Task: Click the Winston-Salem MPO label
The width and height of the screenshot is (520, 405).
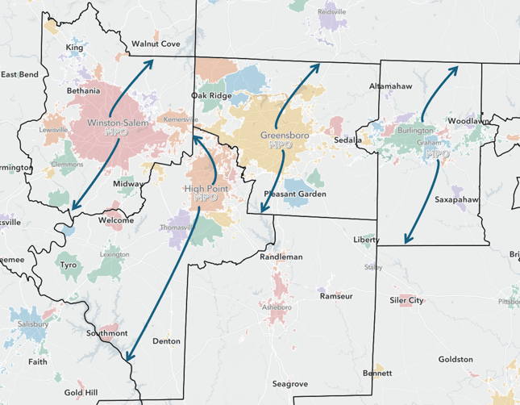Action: tap(119, 127)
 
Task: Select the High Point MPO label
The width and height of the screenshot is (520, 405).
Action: tap(206, 193)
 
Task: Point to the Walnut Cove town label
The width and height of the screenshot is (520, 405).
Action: tap(156, 44)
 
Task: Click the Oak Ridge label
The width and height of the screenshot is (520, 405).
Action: tap(210, 95)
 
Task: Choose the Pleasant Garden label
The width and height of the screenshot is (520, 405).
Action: tap(295, 194)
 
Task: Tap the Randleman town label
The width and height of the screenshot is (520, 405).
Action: tap(281, 257)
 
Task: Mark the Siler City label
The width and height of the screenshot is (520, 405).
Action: tap(406, 300)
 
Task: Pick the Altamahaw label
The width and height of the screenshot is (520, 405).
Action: tap(390, 86)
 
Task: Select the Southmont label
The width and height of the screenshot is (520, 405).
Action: tap(108, 332)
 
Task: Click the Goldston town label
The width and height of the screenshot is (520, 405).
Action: tap(456, 359)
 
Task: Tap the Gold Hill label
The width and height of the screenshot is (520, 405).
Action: tap(81, 392)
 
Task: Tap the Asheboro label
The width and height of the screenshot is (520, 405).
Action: tap(275, 307)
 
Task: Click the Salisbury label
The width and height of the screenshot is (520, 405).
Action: tap(32, 324)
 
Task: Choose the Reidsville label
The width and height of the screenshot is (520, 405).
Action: tap(331, 12)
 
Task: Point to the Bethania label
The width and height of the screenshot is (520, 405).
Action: tap(84, 91)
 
